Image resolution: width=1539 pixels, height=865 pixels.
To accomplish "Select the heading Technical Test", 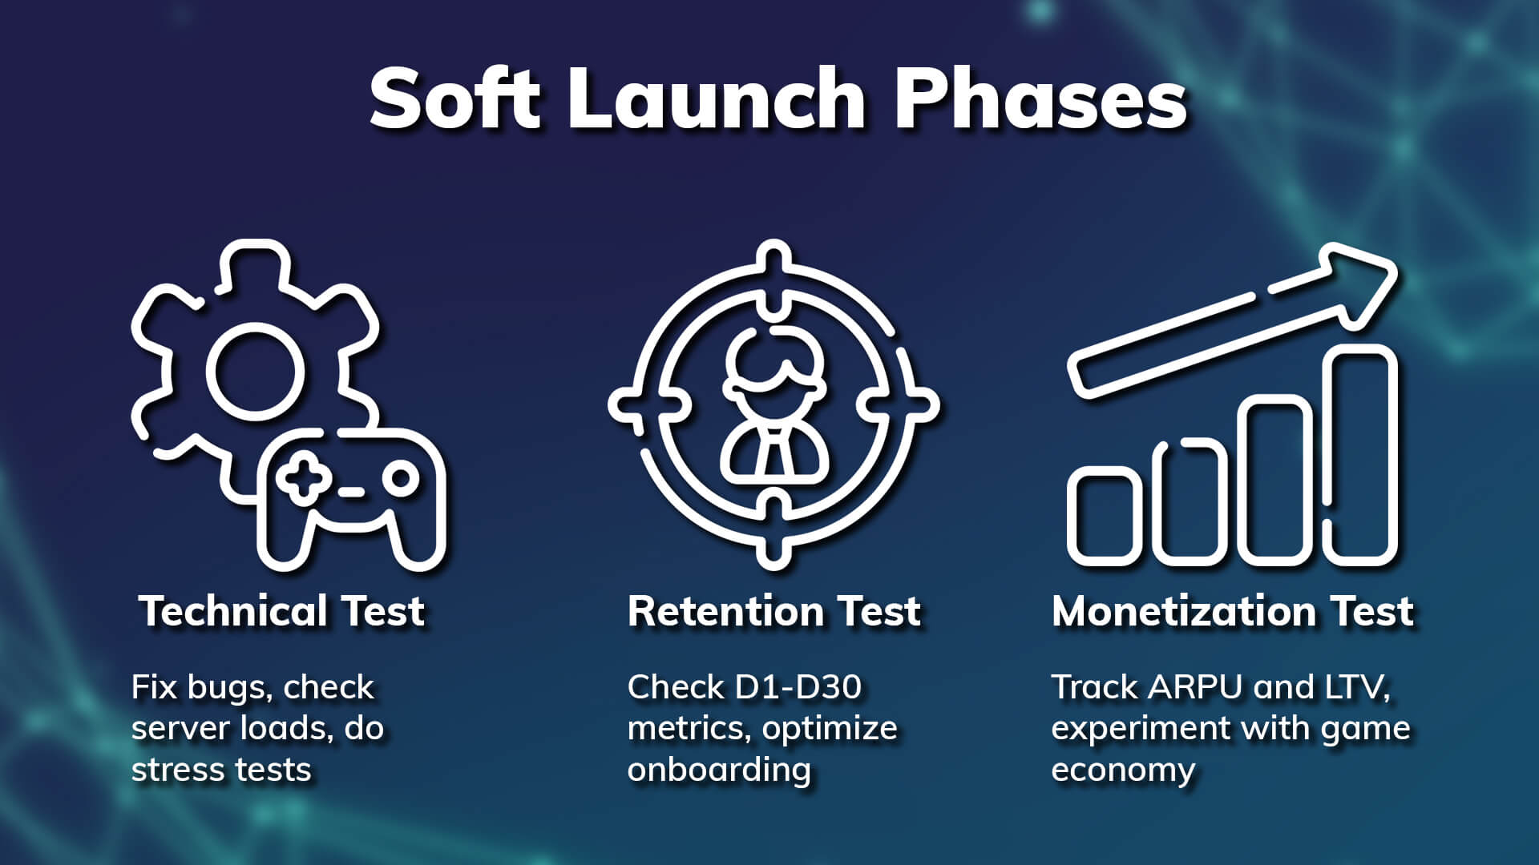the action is click(x=281, y=611).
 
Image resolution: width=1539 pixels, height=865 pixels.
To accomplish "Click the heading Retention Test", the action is click(x=774, y=611).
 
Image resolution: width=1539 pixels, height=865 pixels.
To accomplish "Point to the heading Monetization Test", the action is click(x=1232, y=611).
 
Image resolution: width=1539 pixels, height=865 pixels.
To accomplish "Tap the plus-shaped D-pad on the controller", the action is click(x=304, y=479).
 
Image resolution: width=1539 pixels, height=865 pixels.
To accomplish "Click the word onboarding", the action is click(x=719, y=770).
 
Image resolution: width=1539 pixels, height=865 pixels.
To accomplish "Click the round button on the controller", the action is click(x=400, y=479).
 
